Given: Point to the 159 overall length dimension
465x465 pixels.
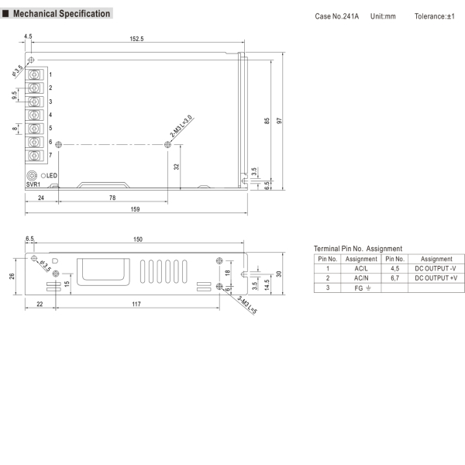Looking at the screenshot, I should click(136, 209).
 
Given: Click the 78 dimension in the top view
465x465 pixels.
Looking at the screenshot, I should click(112, 198).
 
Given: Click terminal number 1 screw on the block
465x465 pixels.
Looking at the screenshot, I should click(36, 74).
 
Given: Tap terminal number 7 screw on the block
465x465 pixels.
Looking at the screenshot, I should click(36, 156).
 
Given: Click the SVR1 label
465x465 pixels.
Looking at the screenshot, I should click(33, 185).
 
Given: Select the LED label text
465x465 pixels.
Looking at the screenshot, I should click(51, 176).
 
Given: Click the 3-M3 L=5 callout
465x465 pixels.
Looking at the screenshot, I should click(237, 301).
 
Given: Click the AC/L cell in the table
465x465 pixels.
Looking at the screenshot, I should click(361, 268).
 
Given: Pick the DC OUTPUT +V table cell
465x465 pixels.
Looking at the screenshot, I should click(436, 277).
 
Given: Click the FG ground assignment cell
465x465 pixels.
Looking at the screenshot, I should click(361, 288).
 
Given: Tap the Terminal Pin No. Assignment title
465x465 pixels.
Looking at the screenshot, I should click(357, 248).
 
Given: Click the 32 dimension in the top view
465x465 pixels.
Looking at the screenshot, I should click(177, 167).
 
